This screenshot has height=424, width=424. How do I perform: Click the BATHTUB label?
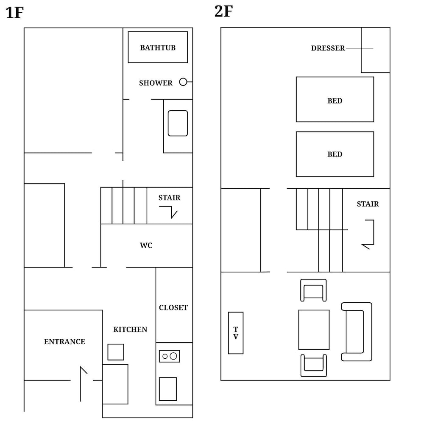pyautogui.click(x=158, y=48)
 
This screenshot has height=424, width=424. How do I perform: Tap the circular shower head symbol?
pyautogui.click(x=183, y=82)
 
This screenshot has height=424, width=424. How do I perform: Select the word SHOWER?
pyautogui.click(x=156, y=83)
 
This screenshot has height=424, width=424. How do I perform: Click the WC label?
pyautogui.click(x=146, y=245)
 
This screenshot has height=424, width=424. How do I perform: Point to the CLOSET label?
pyautogui.click(x=173, y=308)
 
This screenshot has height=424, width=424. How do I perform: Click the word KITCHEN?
pyautogui.click(x=130, y=329)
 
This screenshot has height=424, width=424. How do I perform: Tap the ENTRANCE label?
pyautogui.click(x=64, y=342)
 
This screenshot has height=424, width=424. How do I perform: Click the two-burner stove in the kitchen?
pyautogui.click(x=170, y=356)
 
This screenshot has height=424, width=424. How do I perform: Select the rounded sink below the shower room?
pyautogui.click(x=178, y=123)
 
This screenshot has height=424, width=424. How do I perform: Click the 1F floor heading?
pyautogui.click(x=14, y=13)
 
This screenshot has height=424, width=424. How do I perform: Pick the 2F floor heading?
pyautogui.click(x=223, y=11)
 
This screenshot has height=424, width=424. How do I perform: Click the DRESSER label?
pyautogui.click(x=328, y=48)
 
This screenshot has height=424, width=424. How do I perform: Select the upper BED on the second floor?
pyautogui.click(x=335, y=100)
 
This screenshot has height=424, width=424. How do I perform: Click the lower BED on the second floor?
pyautogui.click(x=335, y=154)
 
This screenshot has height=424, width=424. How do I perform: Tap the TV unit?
pyautogui.click(x=236, y=333)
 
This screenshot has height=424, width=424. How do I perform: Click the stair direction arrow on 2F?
pyautogui.click(x=374, y=232)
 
